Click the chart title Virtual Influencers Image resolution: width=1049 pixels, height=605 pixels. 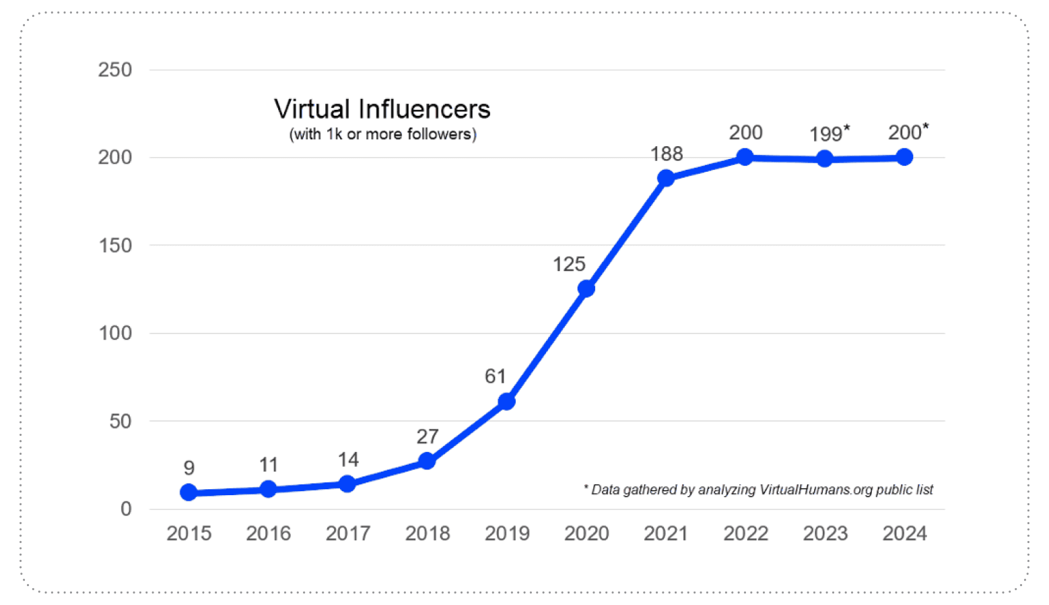click(382, 109)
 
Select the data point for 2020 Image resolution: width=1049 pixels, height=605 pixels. click(586, 288)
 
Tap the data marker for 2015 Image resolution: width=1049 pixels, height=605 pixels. click(189, 492)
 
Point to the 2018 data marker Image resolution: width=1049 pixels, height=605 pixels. click(427, 461)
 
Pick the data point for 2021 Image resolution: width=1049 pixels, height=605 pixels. click(666, 178)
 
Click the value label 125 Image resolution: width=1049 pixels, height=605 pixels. click(569, 264)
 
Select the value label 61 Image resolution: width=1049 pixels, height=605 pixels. click(495, 376)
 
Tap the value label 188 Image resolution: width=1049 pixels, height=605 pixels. click(667, 154)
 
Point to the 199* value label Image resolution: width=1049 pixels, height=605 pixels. click(829, 133)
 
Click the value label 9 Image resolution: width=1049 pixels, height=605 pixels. click(189, 468)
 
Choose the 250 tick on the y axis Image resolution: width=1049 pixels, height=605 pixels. click(115, 70)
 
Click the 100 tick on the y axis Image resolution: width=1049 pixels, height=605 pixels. click(115, 333)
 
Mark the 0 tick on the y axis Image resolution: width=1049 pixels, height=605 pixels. click(126, 509)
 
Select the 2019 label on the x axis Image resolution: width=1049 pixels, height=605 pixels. click(507, 534)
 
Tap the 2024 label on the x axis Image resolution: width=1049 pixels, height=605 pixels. click(904, 534)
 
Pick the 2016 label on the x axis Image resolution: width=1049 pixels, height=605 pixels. click(268, 534)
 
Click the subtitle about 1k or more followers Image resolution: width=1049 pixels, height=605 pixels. click(382, 134)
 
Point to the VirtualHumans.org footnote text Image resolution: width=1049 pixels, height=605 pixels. click(758, 490)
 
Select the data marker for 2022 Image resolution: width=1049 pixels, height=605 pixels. click(745, 157)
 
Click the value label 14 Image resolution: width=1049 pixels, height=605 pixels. click(348, 460)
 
